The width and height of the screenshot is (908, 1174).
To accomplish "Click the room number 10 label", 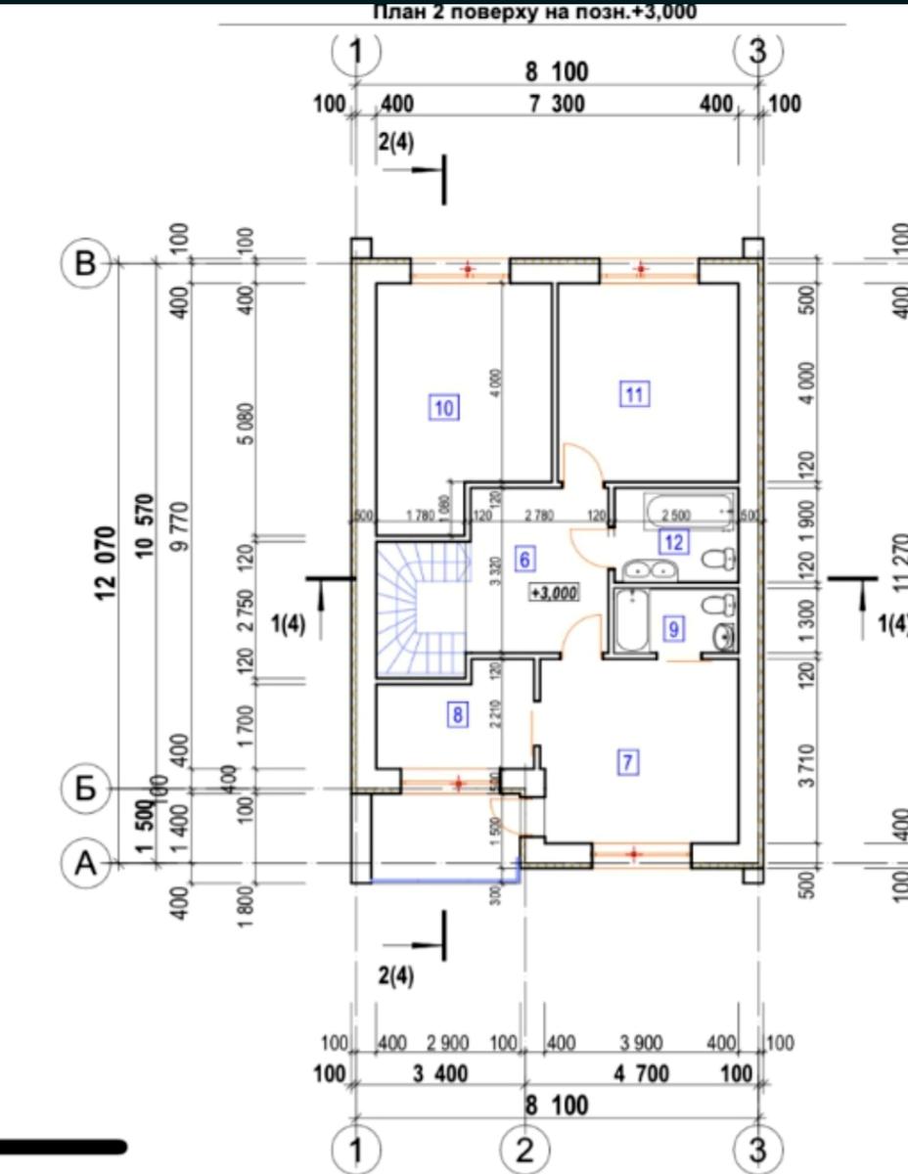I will pos(444,407).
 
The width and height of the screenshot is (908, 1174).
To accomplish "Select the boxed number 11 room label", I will pos(634,394).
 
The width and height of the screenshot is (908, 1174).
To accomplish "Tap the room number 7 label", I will pos(628,762).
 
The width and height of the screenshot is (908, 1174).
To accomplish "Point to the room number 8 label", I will pos(457,715).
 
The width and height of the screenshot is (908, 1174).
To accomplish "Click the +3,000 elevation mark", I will pos(555,592).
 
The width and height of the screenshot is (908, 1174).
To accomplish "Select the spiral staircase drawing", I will pos(421,608).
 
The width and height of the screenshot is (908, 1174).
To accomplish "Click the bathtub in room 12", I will pos(688,510).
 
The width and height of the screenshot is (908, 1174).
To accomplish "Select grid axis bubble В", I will pos(86,263).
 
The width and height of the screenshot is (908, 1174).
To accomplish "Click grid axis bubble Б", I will pos(86,789).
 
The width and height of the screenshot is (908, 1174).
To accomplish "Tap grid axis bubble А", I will pos(86,863).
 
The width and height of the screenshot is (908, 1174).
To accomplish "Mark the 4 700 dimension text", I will pos(641,1074).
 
